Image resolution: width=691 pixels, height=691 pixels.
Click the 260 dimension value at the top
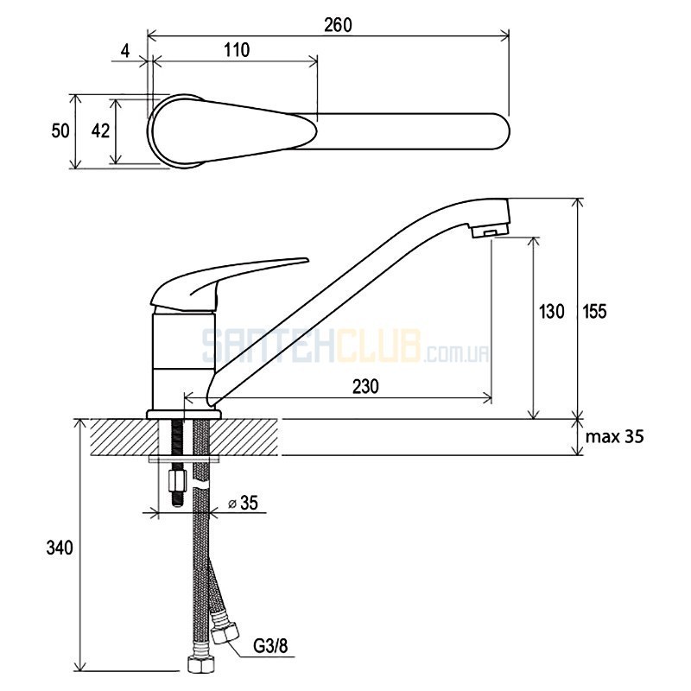pyautogui.click(x=338, y=25)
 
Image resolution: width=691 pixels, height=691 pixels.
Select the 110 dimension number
pyautogui.click(x=237, y=50)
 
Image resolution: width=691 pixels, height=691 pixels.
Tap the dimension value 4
pyautogui.click(x=125, y=51)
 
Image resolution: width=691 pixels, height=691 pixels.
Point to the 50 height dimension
pyautogui.click(x=60, y=131)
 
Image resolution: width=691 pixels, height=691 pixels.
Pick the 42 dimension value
pyautogui.click(x=100, y=131)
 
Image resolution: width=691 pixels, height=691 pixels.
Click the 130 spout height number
pyautogui.click(x=551, y=311)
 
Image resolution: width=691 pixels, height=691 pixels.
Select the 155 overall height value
pyautogui.click(x=594, y=311)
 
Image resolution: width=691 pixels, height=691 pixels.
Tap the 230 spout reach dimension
pyautogui.click(x=365, y=386)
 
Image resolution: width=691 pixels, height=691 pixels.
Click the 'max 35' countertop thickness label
pyautogui.click(x=614, y=436)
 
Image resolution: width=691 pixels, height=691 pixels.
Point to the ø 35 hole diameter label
pyautogui.click(x=243, y=503)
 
